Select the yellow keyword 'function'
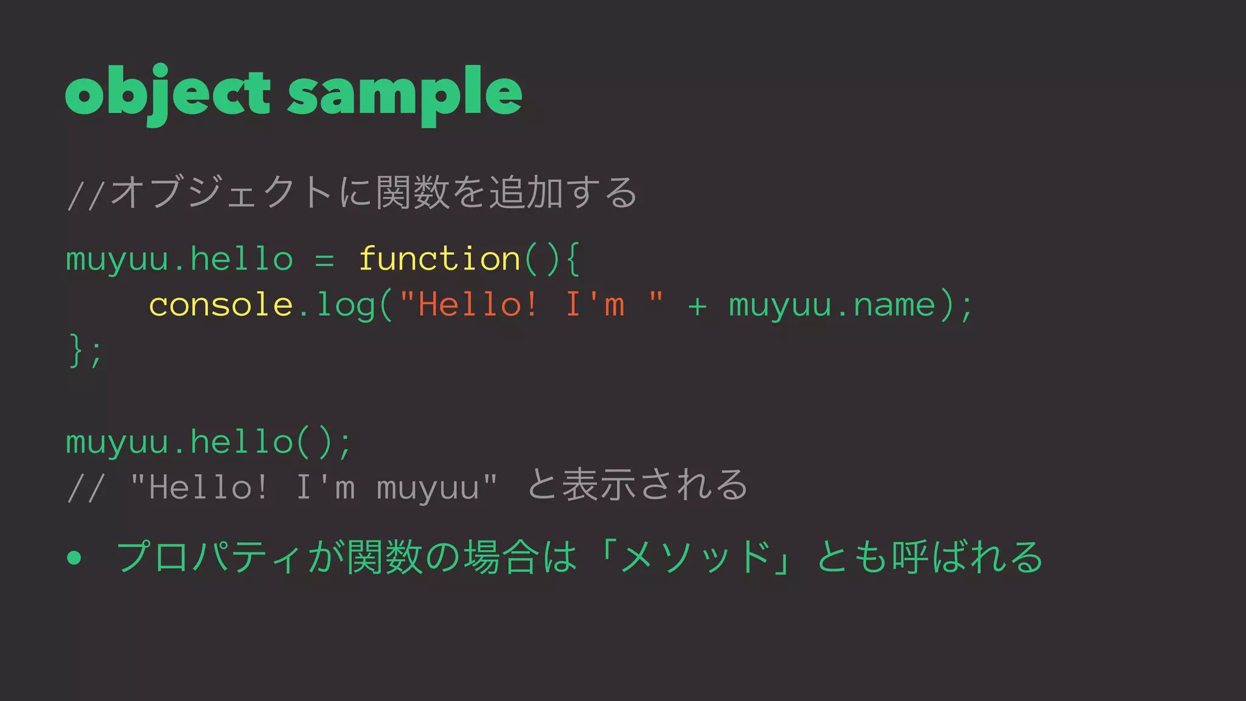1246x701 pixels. [439, 259]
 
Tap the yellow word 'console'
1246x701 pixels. [221, 304]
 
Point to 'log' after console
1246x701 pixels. [345, 305]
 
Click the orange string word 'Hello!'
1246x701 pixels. [478, 304]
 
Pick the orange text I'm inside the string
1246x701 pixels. [595, 304]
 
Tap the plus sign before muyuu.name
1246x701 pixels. [697, 305]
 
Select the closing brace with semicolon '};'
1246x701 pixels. [85, 350]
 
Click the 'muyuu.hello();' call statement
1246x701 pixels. [209, 442]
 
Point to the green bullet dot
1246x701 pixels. [74, 557]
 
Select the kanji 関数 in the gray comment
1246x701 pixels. [413, 192]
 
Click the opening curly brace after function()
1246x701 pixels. [572, 259]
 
